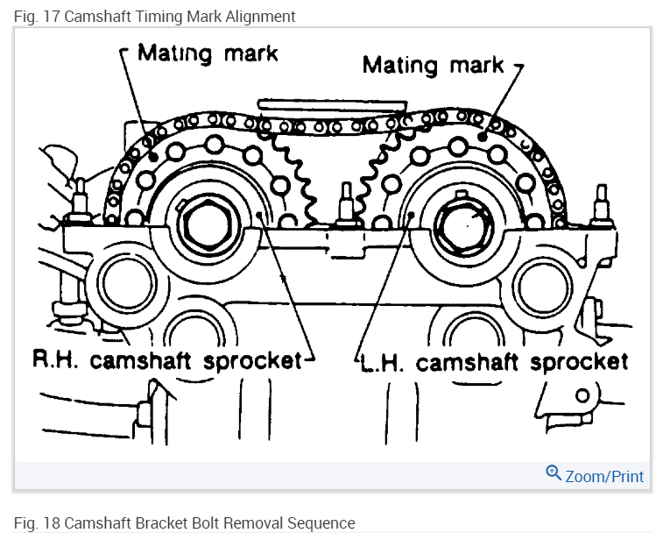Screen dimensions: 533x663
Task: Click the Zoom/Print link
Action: click(603, 476)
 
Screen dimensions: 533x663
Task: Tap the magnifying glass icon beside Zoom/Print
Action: click(553, 473)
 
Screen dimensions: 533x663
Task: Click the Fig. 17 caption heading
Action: click(154, 17)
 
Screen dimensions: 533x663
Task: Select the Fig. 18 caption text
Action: click(185, 523)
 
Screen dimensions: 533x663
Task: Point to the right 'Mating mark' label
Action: click(433, 64)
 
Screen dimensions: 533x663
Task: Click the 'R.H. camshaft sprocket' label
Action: click(166, 360)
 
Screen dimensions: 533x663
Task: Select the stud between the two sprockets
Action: click(345, 203)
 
